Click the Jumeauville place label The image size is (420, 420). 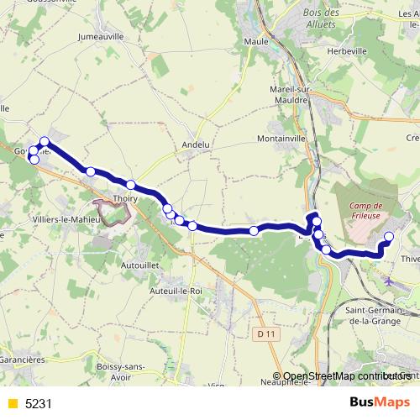tap(100, 37)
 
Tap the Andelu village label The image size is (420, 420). tap(195, 144)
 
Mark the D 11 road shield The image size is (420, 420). tap(267, 334)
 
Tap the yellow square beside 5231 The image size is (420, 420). tap(12, 404)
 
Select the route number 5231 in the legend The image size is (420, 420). tap(39, 404)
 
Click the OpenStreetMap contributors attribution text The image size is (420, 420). tap(347, 376)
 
